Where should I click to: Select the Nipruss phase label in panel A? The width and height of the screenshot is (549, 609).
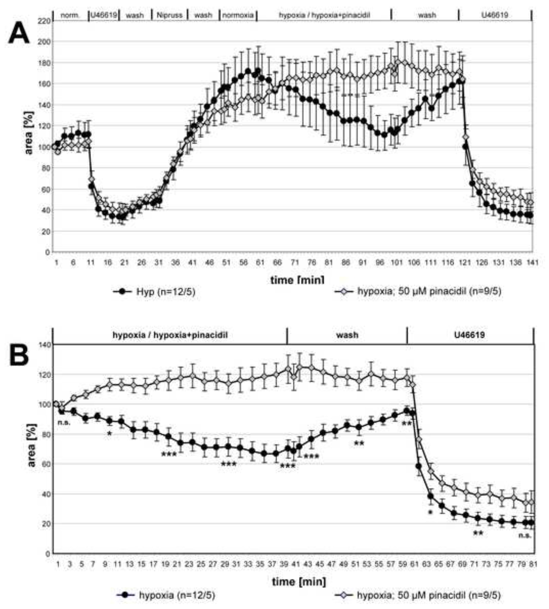pos(170,15)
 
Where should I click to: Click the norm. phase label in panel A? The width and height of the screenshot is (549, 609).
pos(70,15)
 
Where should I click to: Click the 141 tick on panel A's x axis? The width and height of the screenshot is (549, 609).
pos(532,263)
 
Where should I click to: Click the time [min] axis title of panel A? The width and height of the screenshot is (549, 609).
pos(297,280)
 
